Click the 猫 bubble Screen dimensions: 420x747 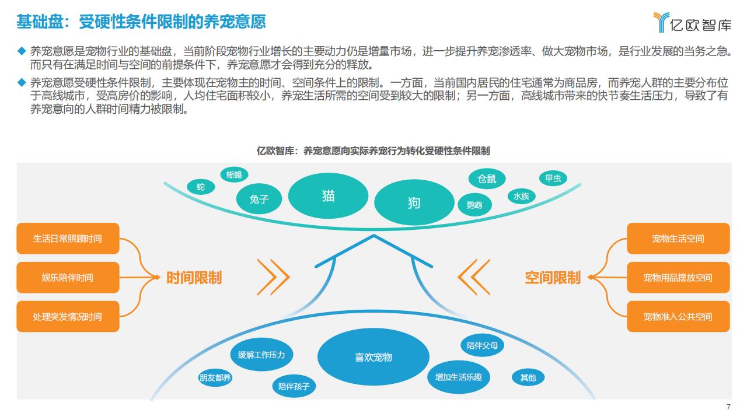(328, 195)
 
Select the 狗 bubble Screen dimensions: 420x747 (414, 202)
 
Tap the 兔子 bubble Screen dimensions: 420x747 (259, 199)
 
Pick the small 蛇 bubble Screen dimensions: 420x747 (201, 187)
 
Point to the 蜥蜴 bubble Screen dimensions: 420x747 (234, 174)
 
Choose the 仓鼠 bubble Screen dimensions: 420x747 (487, 179)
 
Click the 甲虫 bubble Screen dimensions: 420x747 (553, 178)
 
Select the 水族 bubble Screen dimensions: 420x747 (521, 196)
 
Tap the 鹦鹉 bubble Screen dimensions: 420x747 (474, 205)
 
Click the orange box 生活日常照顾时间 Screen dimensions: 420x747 (68, 239)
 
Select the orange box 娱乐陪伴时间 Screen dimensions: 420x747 (68, 278)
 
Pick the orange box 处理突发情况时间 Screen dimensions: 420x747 (68, 317)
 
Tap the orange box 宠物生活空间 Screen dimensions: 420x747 (678, 239)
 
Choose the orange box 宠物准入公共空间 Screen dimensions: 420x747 (678, 317)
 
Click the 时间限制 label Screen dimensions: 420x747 (194, 278)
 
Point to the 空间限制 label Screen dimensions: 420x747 (552, 278)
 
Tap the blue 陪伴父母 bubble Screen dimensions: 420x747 (482, 345)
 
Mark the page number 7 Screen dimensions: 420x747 (728, 407)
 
